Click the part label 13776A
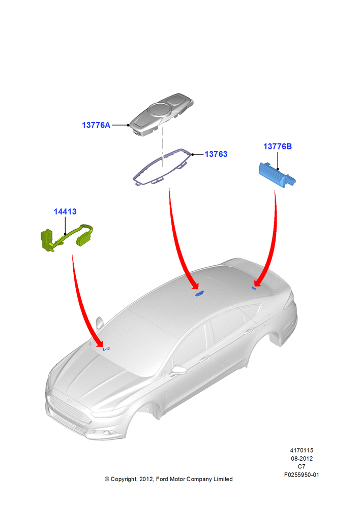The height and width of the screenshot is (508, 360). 96,125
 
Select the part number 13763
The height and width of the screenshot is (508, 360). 216,154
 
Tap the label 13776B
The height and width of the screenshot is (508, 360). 277,146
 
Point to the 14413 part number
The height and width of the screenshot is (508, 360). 65,211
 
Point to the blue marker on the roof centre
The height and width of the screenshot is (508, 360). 199,294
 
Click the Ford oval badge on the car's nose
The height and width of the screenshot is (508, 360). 69,401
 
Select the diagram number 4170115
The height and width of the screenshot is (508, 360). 302,450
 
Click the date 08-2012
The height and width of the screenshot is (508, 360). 302,458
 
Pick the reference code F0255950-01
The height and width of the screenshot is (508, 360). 302,475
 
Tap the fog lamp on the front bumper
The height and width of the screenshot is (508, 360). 106,433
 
